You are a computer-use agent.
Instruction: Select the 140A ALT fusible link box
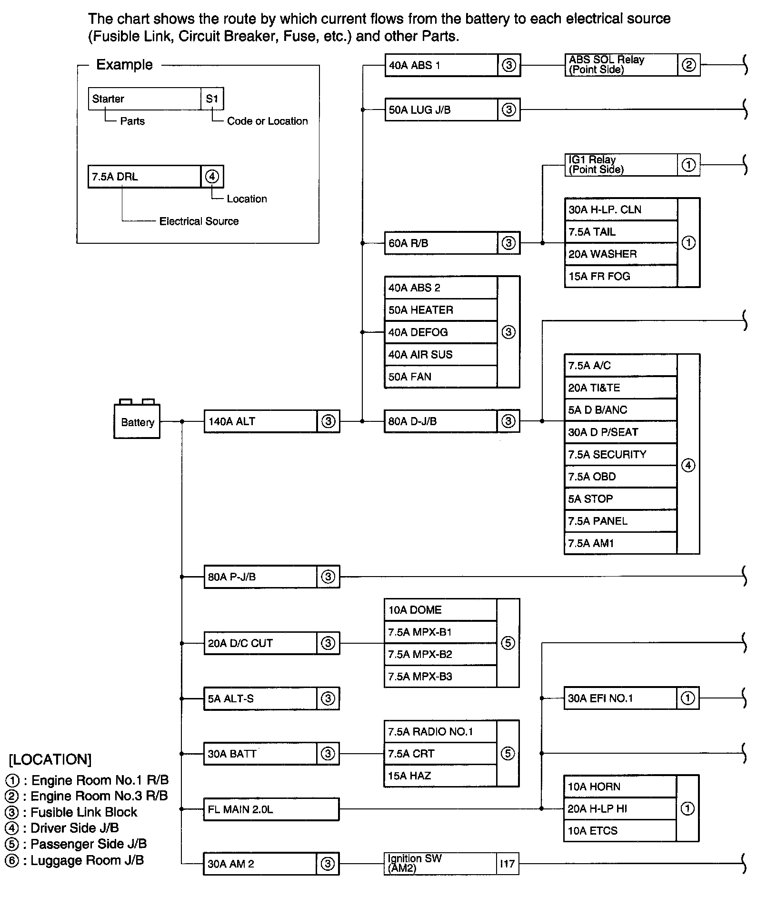tap(260, 421)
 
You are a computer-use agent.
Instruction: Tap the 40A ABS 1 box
tap(441, 65)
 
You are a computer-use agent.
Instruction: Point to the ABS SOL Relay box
tap(620, 65)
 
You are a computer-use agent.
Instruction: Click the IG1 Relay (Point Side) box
tap(620, 165)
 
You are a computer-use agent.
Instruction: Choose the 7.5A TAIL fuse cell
tap(620, 232)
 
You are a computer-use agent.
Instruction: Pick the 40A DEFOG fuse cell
tap(440, 332)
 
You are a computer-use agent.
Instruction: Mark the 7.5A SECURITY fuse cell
tap(620, 455)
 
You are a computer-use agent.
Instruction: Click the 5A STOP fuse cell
tap(620, 499)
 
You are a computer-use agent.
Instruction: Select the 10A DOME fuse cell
tap(440, 610)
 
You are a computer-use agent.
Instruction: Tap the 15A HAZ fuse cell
tap(440, 776)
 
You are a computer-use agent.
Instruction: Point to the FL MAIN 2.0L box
tap(271, 809)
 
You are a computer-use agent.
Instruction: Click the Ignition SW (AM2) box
tap(440, 863)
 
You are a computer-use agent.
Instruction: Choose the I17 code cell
tap(508, 863)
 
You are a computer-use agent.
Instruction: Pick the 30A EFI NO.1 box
tap(620, 698)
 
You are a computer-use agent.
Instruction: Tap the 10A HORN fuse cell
tap(619, 787)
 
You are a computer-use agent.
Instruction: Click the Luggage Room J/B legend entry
tap(75, 860)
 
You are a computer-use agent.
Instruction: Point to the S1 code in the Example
tap(212, 99)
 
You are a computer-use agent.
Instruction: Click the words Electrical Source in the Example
tap(199, 221)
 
